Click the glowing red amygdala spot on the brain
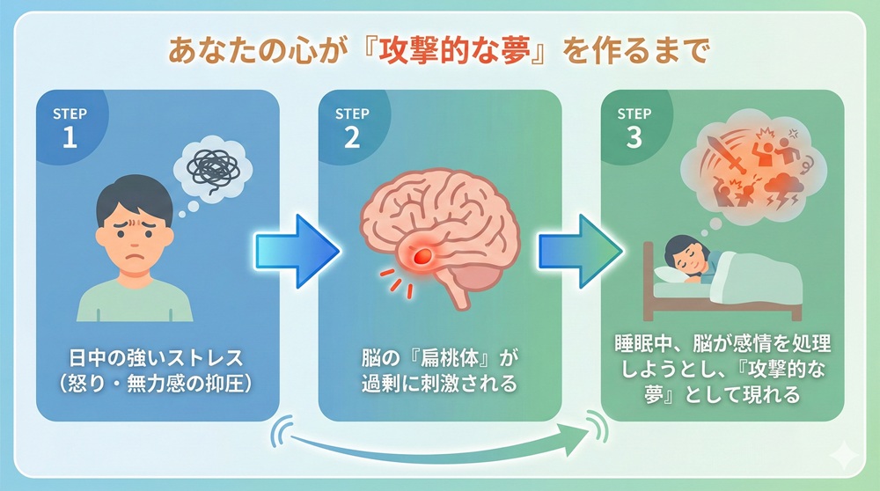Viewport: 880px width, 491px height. click(x=422, y=254)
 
